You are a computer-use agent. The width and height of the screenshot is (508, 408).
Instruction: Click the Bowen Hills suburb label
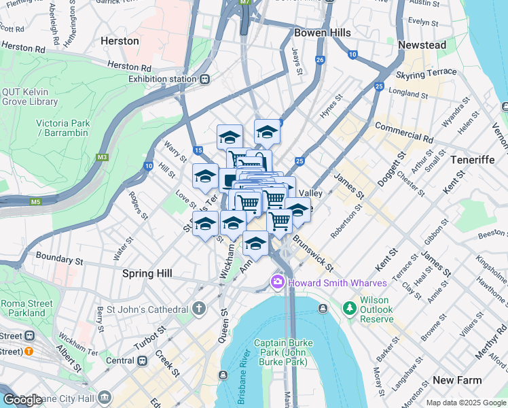click(x=322, y=33)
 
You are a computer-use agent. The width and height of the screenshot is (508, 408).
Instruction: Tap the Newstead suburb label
click(x=422, y=45)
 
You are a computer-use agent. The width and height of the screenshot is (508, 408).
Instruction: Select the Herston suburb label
click(x=120, y=41)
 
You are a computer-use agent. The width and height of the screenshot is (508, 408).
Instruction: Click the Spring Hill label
click(x=147, y=273)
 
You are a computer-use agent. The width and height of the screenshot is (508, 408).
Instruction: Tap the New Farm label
click(x=457, y=380)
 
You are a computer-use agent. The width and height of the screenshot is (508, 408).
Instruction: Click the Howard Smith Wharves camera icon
click(x=277, y=282)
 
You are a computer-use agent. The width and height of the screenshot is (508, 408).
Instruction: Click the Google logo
click(x=22, y=400)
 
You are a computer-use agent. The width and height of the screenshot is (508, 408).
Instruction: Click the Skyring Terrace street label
click(x=427, y=73)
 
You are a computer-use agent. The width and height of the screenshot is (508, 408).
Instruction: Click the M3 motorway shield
click(x=103, y=157)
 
